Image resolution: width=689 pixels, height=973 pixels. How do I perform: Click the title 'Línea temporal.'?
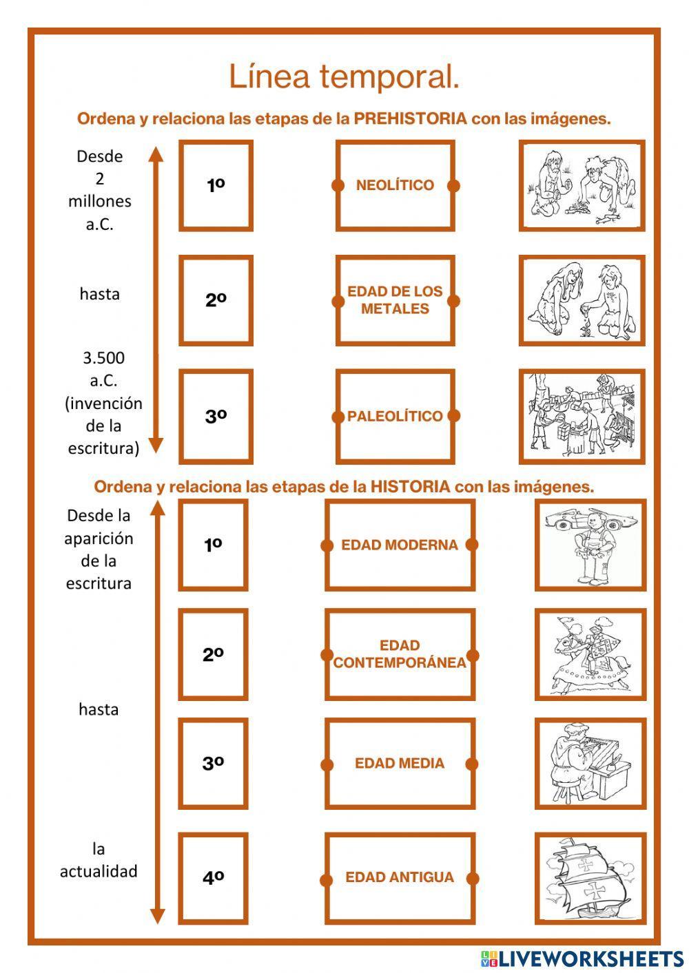point(344,76)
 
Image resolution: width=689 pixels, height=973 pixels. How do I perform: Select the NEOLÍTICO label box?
point(395,185)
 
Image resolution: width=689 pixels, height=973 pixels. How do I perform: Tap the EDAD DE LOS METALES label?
point(395,300)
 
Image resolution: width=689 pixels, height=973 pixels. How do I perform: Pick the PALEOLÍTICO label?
point(395,416)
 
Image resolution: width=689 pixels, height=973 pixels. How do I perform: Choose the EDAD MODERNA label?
point(400,545)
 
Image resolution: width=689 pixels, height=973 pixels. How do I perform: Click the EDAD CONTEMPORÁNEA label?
point(400,654)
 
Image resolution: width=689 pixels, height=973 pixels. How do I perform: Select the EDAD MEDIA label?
point(400,763)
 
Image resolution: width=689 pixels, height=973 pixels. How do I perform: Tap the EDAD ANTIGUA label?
point(400,878)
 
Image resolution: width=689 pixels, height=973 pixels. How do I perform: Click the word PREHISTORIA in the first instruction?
point(411,118)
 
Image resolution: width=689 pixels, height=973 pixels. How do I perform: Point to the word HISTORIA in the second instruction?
point(410,487)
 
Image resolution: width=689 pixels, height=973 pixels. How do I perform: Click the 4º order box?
point(213,878)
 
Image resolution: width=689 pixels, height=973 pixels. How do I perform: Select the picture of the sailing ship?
point(590,878)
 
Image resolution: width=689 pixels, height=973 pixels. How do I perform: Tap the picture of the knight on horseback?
point(590,654)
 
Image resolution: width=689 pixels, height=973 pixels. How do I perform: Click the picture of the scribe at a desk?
point(590,763)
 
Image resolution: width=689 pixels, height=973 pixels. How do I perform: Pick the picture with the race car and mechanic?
point(590,545)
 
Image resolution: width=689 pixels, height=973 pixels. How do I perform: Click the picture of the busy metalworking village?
point(582,416)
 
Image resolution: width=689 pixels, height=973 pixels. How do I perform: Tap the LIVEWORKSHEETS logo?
point(582,959)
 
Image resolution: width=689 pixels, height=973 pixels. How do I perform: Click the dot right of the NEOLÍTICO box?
point(453,185)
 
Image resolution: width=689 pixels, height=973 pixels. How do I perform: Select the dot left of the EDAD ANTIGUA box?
point(326,879)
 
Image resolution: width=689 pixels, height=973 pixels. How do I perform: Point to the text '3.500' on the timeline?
point(103,358)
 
